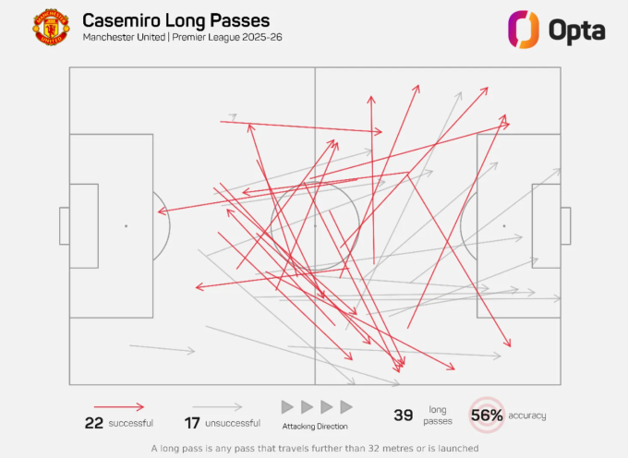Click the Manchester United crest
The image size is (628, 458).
[51, 29]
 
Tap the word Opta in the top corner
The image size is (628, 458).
[577, 30]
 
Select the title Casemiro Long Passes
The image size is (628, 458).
[176, 20]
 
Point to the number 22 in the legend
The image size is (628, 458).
[93, 423]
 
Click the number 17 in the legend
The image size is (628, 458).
[192, 423]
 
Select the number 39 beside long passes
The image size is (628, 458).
[404, 416]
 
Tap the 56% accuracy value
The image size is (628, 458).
[487, 416]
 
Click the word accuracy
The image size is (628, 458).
[527, 416]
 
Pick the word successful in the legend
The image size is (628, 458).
[130, 424]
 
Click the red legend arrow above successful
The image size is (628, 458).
[119, 406]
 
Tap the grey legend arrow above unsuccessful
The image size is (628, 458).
[218, 406]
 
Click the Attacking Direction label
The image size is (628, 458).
[315, 426]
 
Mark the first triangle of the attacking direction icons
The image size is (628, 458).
[287, 406]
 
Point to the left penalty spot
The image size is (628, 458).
[126, 225]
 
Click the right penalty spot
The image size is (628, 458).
[504, 225]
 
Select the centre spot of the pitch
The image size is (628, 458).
[315, 225]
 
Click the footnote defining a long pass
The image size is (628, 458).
[315, 448]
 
